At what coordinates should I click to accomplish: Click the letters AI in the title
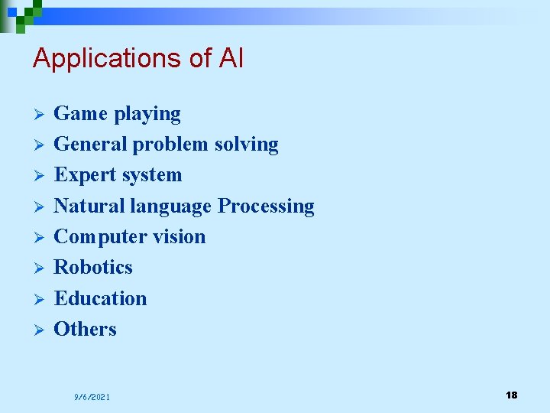tap(230, 58)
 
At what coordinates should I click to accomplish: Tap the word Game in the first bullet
tap(81, 114)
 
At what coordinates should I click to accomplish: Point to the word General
tap(91, 145)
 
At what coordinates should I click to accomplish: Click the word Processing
tap(266, 207)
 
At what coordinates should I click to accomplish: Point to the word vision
tap(178, 237)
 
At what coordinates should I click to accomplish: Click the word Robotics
tap(93, 268)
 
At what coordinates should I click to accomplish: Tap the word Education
tap(100, 298)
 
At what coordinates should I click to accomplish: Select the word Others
tap(86, 329)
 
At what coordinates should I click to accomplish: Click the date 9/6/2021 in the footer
tap(92, 397)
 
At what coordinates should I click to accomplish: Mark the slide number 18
tap(511, 395)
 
